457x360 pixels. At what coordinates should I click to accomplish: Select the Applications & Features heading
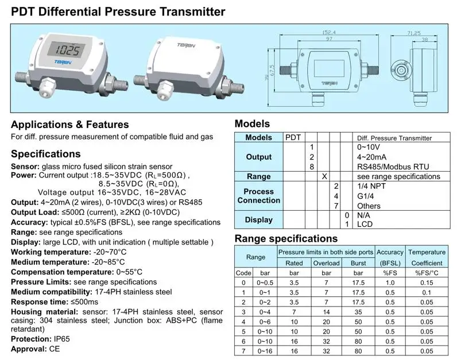pos(70,125)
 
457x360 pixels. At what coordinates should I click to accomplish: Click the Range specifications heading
pos(286,239)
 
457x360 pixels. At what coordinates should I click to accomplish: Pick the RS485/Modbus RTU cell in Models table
pos(393,167)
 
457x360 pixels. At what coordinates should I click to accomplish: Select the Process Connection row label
pos(258,196)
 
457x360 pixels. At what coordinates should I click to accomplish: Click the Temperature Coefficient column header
pos(426,257)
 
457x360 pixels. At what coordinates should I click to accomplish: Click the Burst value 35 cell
pos(358,312)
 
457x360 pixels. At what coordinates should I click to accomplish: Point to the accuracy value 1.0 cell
pos(390,282)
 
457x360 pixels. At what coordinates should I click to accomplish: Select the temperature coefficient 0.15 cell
pos(426,282)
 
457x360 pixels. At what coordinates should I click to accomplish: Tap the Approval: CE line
pos(37,349)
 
